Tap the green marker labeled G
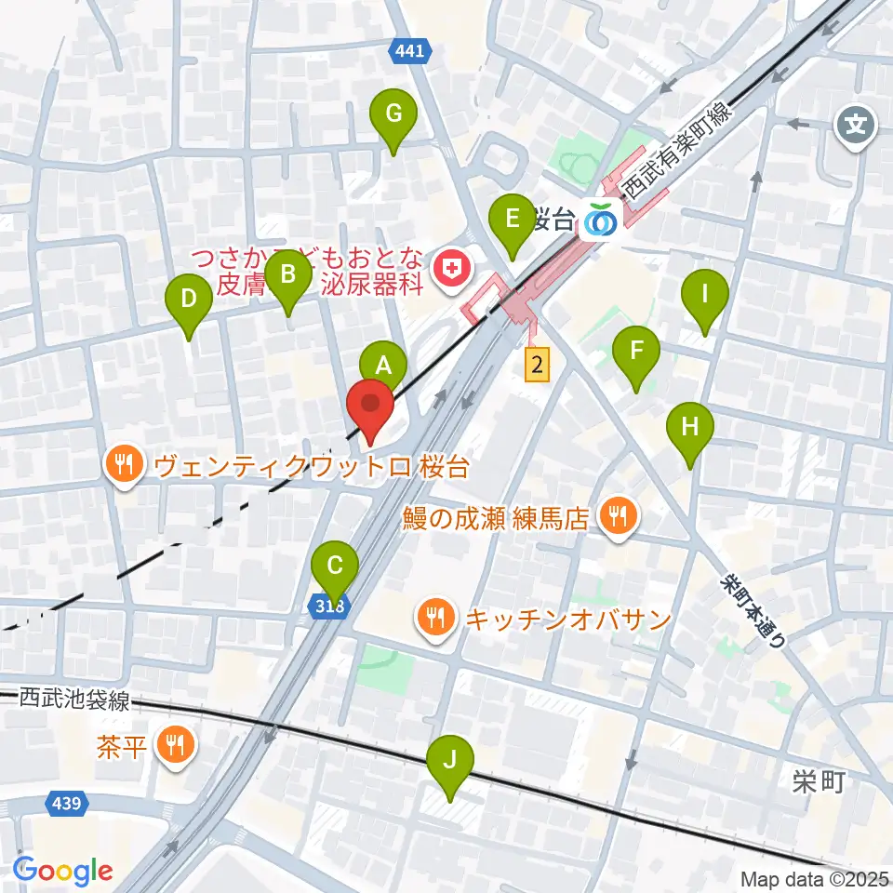coord(393,114)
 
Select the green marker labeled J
coord(449,760)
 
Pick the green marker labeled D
coord(189,300)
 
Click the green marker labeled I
coord(704,295)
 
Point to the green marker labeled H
coord(690,427)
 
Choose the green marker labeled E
coord(512,220)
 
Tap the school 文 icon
coord(857,124)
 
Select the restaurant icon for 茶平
coord(174,743)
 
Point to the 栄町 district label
coord(820,781)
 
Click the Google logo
coord(63,871)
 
